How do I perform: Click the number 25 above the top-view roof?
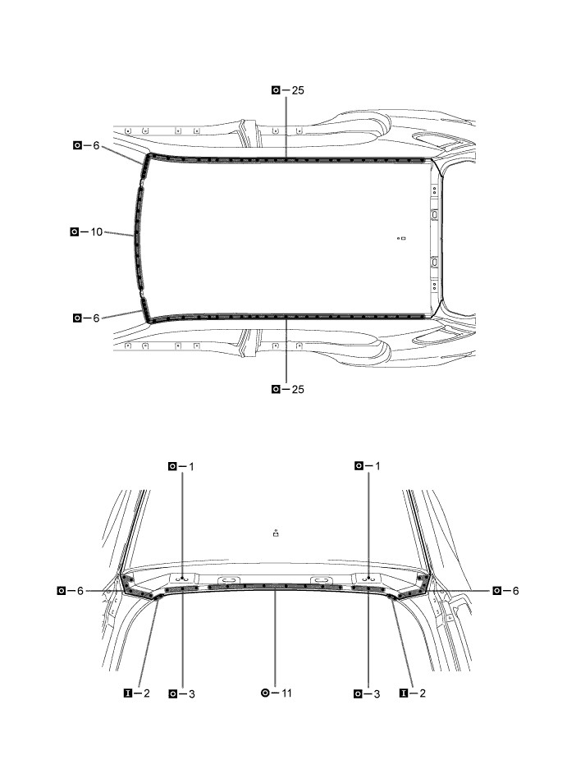pyautogui.click(x=298, y=90)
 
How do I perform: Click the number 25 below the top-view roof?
pyautogui.click(x=298, y=390)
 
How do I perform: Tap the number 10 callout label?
pyautogui.click(x=96, y=231)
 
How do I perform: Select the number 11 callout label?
pyautogui.click(x=286, y=693)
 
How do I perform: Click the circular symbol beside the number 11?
pyautogui.click(x=265, y=693)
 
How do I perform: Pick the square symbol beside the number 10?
pyautogui.click(x=75, y=231)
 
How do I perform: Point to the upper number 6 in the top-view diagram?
pyautogui.click(x=96, y=145)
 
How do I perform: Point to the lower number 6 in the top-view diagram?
pyautogui.click(x=96, y=318)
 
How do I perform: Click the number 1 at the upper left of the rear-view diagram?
pyautogui.click(x=191, y=466)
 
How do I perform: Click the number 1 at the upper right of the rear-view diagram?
pyautogui.click(x=377, y=466)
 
